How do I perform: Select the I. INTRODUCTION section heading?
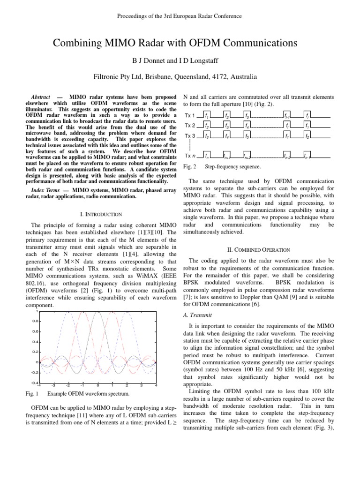(101, 214)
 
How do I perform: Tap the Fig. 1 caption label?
(36, 393)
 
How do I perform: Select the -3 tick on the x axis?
(54, 386)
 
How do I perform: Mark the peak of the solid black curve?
(97, 312)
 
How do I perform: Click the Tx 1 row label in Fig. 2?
(189, 115)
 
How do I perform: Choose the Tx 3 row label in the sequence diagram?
(189, 136)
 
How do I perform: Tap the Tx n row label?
(189, 156)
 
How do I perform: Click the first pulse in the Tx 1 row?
(207, 114)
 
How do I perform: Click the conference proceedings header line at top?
(180, 16)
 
